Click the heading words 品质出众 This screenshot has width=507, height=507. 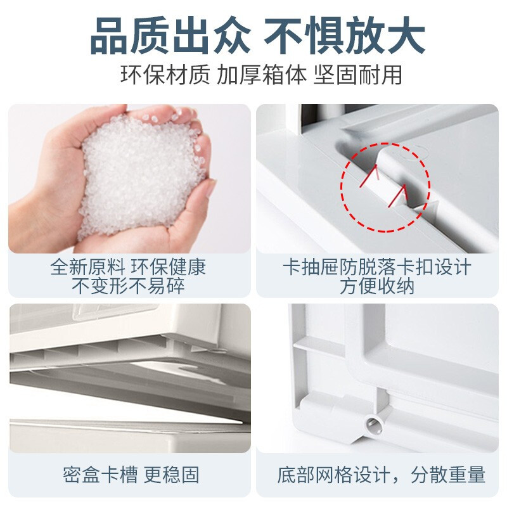click(170, 35)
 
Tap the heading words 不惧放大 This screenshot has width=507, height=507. click(344, 35)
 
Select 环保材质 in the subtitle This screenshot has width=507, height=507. click(165, 75)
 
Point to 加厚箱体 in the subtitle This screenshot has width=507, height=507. click(261, 75)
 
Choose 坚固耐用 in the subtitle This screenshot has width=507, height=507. click(357, 75)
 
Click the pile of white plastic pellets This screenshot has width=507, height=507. click(142, 175)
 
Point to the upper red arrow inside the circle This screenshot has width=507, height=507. click(369, 176)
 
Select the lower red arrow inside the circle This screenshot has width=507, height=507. click(397, 196)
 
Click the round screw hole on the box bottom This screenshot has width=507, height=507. click(373, 423)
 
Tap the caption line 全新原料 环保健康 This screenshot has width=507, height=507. click(128, 267)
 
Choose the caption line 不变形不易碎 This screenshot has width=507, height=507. click(128, 286)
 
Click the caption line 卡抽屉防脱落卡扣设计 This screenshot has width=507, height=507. click(376, 267)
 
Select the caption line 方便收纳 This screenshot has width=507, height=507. click(376, 286)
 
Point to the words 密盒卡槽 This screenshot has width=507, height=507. click(100, 474)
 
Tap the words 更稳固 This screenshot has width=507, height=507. click(171, 474)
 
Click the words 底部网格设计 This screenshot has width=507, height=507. click(333, 474)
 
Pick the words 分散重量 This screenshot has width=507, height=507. click(448, 474)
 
